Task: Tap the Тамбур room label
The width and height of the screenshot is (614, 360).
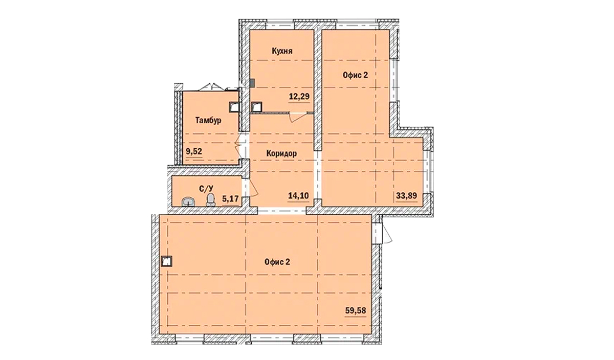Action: pos(208,121)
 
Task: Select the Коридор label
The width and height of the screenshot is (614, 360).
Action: pos(281,153)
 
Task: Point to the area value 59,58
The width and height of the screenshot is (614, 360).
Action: pos(356,310)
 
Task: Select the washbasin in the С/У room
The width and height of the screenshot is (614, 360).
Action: pos(189,202)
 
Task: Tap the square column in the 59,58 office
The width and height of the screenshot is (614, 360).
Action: pos(166,261)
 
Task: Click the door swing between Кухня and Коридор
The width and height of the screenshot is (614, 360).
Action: pos(296,117)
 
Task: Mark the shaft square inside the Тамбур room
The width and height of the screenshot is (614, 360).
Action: pos(234,106)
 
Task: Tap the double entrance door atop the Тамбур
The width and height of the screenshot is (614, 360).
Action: pos(211,87)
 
